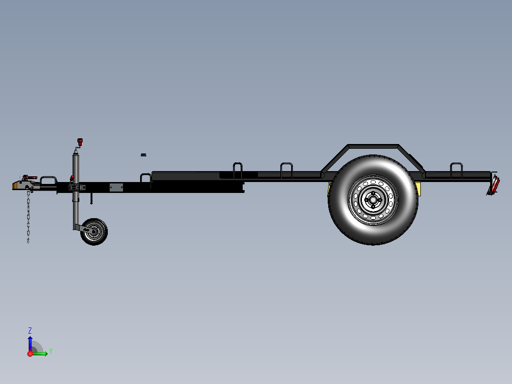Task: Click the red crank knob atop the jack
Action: [x=80, y=141]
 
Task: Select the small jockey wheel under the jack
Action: [x=94, y=232]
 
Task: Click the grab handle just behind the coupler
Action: [x=48, y=180]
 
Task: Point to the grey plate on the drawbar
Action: [x=116, y=187]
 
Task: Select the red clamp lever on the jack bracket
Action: [x=72, y=178]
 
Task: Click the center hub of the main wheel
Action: [x=373, y=200]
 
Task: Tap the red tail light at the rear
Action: [x=495, y=184]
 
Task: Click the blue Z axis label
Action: [x=30, y=330]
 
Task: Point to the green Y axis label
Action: [x=50, y=351]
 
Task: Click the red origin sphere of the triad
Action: [x=30, y=353]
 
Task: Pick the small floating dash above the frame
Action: [x=143, y=155]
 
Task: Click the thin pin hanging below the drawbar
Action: [x=91, y=198]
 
